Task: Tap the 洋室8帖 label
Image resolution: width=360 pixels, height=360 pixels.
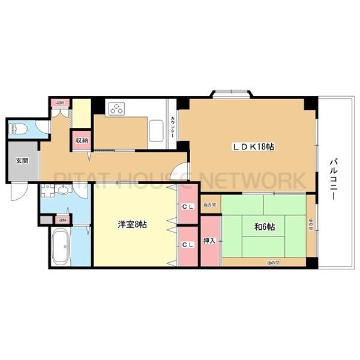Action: pos(132,224)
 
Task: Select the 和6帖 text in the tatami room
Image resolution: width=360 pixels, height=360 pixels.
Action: pos(264,227)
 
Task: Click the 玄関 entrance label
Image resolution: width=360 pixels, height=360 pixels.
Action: pos(22,160)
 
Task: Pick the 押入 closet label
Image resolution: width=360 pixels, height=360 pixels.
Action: pos(209,241)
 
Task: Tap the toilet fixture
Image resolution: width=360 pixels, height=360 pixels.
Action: pos(19,128)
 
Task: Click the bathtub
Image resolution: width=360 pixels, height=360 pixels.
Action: pos(63,246)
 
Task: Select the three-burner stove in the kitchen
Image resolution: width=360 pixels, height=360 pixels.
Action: pos(116,109)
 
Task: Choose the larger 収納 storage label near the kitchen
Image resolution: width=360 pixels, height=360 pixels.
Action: pos(82,140)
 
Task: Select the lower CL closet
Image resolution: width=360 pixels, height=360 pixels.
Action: pos(187,244)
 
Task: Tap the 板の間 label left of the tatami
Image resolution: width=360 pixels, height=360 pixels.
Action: pos(209,205)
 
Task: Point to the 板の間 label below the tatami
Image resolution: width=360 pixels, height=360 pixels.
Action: pos(273,262)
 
